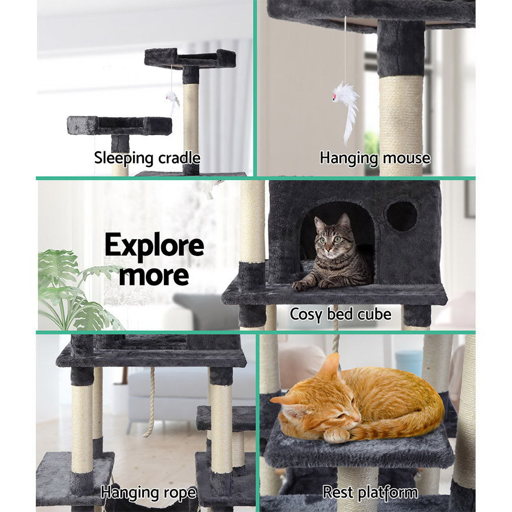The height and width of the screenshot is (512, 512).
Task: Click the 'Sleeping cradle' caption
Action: pyautogui.click(x=147, y=158)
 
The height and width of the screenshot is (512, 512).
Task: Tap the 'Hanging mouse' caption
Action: pyautogui.click(x=375, y=158)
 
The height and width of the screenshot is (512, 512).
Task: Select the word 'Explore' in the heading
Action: pyautogui.click(x=154, y=246)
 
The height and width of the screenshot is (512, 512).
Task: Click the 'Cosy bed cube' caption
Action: pyautogui.click(x=340, y=313)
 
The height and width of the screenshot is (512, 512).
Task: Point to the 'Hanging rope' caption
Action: pyautogui.click(x=148, y=493)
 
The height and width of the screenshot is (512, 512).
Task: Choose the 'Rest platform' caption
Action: pyautogui.click(x=370, y=493)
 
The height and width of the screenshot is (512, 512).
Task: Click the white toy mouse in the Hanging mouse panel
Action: pyautogui.click(x=346, y=102)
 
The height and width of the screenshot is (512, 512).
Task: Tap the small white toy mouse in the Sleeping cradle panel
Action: pyautogui.click(x=173, y=99)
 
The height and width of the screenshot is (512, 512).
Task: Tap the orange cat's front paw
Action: pyautogui.click(x=336, y=435)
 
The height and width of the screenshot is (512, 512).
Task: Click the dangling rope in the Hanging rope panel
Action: pyautogui.click(x=151, y=404)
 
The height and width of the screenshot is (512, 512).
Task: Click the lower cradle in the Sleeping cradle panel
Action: pyautogui.click(x=119, y=125)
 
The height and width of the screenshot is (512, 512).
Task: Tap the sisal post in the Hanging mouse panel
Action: pyautogui.click(x=401, y=123)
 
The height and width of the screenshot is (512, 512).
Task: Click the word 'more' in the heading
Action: pyautogui.click(x=154, y=275)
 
